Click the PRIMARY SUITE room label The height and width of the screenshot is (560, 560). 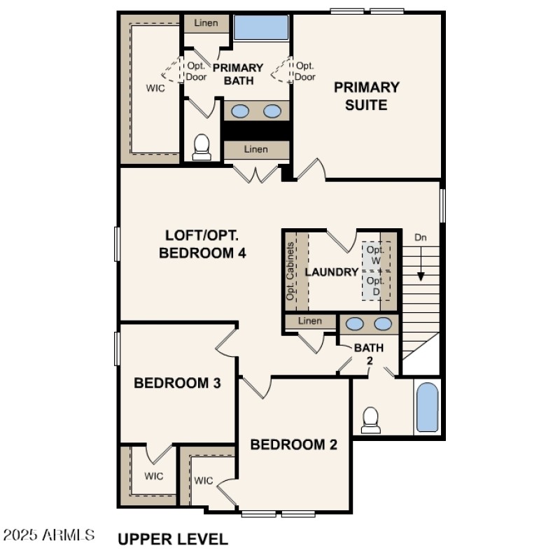(366, 97)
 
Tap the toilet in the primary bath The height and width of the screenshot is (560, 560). (202, 146)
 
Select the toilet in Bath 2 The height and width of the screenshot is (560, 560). (370, 420)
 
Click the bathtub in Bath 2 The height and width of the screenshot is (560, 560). (427, 407)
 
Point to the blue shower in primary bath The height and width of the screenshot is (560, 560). (260, 27)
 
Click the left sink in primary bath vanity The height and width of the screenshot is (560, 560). (240, 111)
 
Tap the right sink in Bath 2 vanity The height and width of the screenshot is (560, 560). (382, 323)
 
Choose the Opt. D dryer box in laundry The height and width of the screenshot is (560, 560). (375, 285)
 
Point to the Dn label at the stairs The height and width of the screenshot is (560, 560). (421, 237)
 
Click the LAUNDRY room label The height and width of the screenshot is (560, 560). (332, 272)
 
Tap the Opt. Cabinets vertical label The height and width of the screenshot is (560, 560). (290, 272)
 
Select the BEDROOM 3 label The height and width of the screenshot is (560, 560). (178, 383)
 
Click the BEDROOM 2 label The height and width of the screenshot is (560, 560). (294, 444)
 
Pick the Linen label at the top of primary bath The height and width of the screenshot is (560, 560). (205, 23)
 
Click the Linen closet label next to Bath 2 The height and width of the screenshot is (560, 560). (309, 321)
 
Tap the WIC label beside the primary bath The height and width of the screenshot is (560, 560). (155, 88)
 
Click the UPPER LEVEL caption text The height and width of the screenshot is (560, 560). (172, 539)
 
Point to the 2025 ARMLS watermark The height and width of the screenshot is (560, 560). (49, 535)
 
